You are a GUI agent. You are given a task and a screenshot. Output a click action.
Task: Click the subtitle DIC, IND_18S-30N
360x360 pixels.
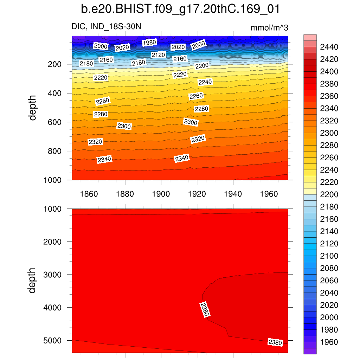pos(106,27)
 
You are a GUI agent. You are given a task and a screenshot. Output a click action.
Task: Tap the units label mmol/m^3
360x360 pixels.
pos(270,27)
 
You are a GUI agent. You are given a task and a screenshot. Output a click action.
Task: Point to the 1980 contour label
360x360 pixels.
pos(149,43)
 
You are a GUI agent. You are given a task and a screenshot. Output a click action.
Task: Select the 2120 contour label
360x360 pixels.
pos(158,55)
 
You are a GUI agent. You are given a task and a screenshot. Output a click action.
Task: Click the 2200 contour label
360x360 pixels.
pos(202,66)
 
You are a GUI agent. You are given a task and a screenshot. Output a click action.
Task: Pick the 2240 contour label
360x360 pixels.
pos(205,82)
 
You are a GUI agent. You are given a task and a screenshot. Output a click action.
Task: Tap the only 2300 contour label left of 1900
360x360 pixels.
pos(124,126)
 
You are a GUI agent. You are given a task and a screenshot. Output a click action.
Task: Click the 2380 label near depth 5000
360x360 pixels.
pos(275,342)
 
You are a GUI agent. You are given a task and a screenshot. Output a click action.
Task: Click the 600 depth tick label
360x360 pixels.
pos(55,122)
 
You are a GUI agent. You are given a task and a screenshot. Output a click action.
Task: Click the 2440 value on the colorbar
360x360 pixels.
pos(328,47)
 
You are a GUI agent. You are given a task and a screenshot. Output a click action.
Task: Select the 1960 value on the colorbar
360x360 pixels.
pos(328,342)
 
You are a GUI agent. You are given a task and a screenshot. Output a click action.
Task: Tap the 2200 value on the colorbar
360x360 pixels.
pos(328,194)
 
